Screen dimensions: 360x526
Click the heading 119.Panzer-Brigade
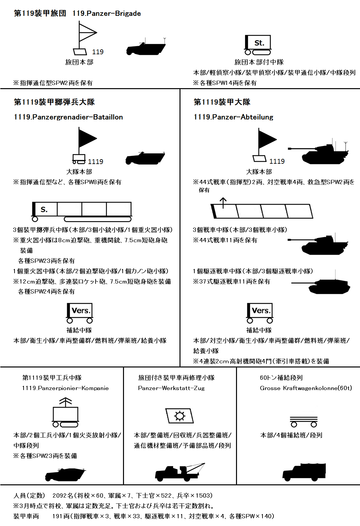click(107, 13)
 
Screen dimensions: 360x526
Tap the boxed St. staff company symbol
click(258, 45)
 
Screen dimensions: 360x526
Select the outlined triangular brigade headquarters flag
click(88, 33)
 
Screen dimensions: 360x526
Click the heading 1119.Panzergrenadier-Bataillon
click(68, 117)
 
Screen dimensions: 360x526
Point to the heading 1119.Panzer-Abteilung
click(233, 117)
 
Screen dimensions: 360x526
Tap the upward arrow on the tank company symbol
click(223, 203)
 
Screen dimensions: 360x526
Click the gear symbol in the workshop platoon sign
click(180, 416)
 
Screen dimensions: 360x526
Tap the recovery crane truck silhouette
click(180, 471)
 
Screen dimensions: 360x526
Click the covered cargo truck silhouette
click(304, 471)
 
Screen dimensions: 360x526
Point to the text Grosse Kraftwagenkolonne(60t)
click(306, 388)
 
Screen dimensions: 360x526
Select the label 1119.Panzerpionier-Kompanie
click(65, 388)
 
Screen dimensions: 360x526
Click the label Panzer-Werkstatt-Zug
click(171, 388)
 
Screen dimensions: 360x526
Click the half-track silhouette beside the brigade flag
click(146, 46)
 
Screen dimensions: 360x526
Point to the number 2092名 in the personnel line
click(63, 495)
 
